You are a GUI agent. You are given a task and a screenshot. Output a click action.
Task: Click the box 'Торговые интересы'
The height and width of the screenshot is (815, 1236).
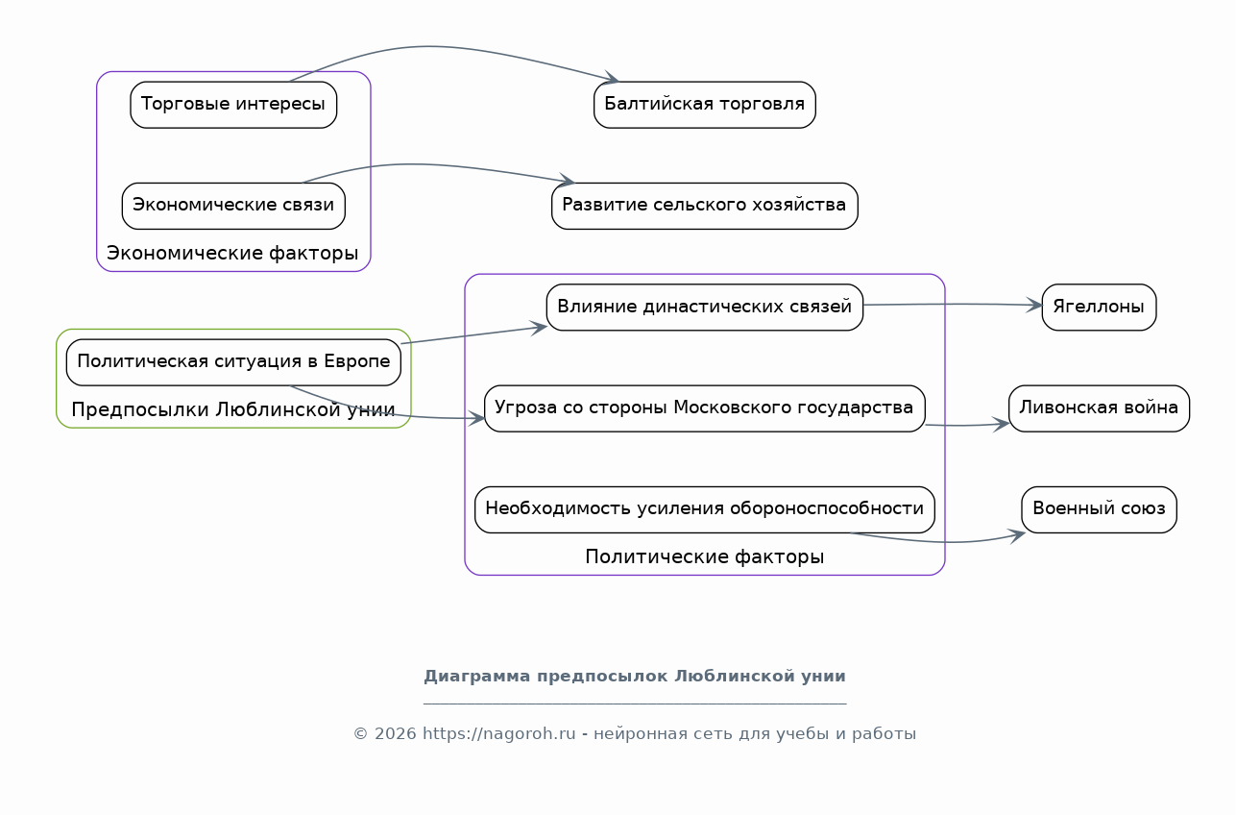coord(233,105)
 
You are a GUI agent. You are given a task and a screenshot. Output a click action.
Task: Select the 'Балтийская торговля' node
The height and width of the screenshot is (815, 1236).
coord(705,105)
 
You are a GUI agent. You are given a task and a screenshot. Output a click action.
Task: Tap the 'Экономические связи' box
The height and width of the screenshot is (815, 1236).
coord(233,206)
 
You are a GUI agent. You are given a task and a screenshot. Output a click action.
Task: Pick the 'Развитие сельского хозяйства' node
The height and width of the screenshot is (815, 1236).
coord(705,206)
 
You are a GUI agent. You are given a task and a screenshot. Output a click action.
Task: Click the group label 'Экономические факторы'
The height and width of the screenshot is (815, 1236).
coord(232,253)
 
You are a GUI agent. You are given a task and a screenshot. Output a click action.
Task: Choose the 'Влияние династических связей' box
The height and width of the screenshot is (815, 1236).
coord(705,307)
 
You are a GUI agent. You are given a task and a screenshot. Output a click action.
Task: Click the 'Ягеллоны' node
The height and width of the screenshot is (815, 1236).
coord(1099,307)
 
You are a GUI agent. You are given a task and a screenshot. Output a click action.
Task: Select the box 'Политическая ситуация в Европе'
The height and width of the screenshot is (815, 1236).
coord(233,362)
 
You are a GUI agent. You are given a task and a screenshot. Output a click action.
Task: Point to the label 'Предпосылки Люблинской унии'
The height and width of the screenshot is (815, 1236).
coord(232,409)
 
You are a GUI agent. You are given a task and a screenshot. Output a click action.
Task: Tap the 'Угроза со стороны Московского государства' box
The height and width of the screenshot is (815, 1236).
coord(705,408)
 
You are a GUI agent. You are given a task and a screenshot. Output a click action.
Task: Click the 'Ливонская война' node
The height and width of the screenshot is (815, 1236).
coord(1099,408)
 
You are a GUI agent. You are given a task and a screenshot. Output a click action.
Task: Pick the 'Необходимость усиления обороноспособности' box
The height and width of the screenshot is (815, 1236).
coord(705,509)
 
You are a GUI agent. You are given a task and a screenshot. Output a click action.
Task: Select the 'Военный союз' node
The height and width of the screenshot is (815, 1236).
coord(1099,509)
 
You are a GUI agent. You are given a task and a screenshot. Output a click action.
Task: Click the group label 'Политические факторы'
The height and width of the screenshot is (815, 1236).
coord(705,556)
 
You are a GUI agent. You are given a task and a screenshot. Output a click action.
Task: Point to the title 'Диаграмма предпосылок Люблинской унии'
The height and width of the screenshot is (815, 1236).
coord(635,676)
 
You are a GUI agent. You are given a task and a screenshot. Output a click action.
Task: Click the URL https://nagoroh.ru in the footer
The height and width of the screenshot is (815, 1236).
coord(498,733)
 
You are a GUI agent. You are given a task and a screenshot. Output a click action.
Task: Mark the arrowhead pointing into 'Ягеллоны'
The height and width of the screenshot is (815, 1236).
coord(1034,305)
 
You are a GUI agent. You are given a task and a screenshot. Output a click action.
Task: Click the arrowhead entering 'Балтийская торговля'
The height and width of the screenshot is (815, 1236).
coord(612,78)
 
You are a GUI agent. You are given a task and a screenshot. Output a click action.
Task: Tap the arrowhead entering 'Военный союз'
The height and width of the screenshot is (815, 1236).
coord(1017,535)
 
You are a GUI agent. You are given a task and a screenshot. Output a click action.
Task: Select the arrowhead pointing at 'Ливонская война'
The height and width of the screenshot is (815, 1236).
coord(1002,424)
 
